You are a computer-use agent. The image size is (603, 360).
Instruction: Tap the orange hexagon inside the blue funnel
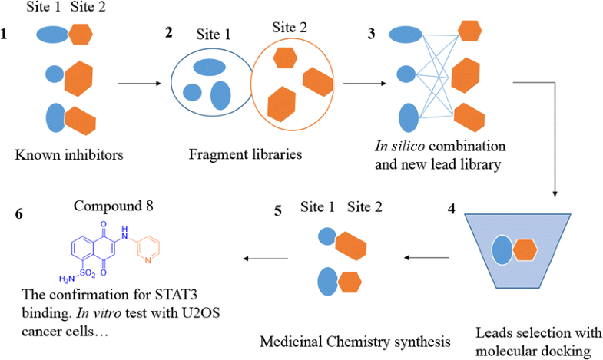click(x=525, y=250)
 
